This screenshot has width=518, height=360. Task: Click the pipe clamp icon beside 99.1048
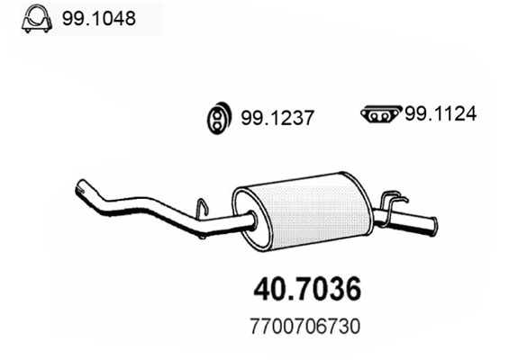35,19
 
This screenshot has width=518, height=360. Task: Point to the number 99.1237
277,117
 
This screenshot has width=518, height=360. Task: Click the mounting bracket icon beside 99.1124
380,114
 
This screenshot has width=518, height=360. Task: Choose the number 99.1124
439,114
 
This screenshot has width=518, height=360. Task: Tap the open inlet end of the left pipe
79,189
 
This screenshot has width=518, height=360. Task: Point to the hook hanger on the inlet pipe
204,208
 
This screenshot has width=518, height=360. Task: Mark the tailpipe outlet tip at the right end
432,224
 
